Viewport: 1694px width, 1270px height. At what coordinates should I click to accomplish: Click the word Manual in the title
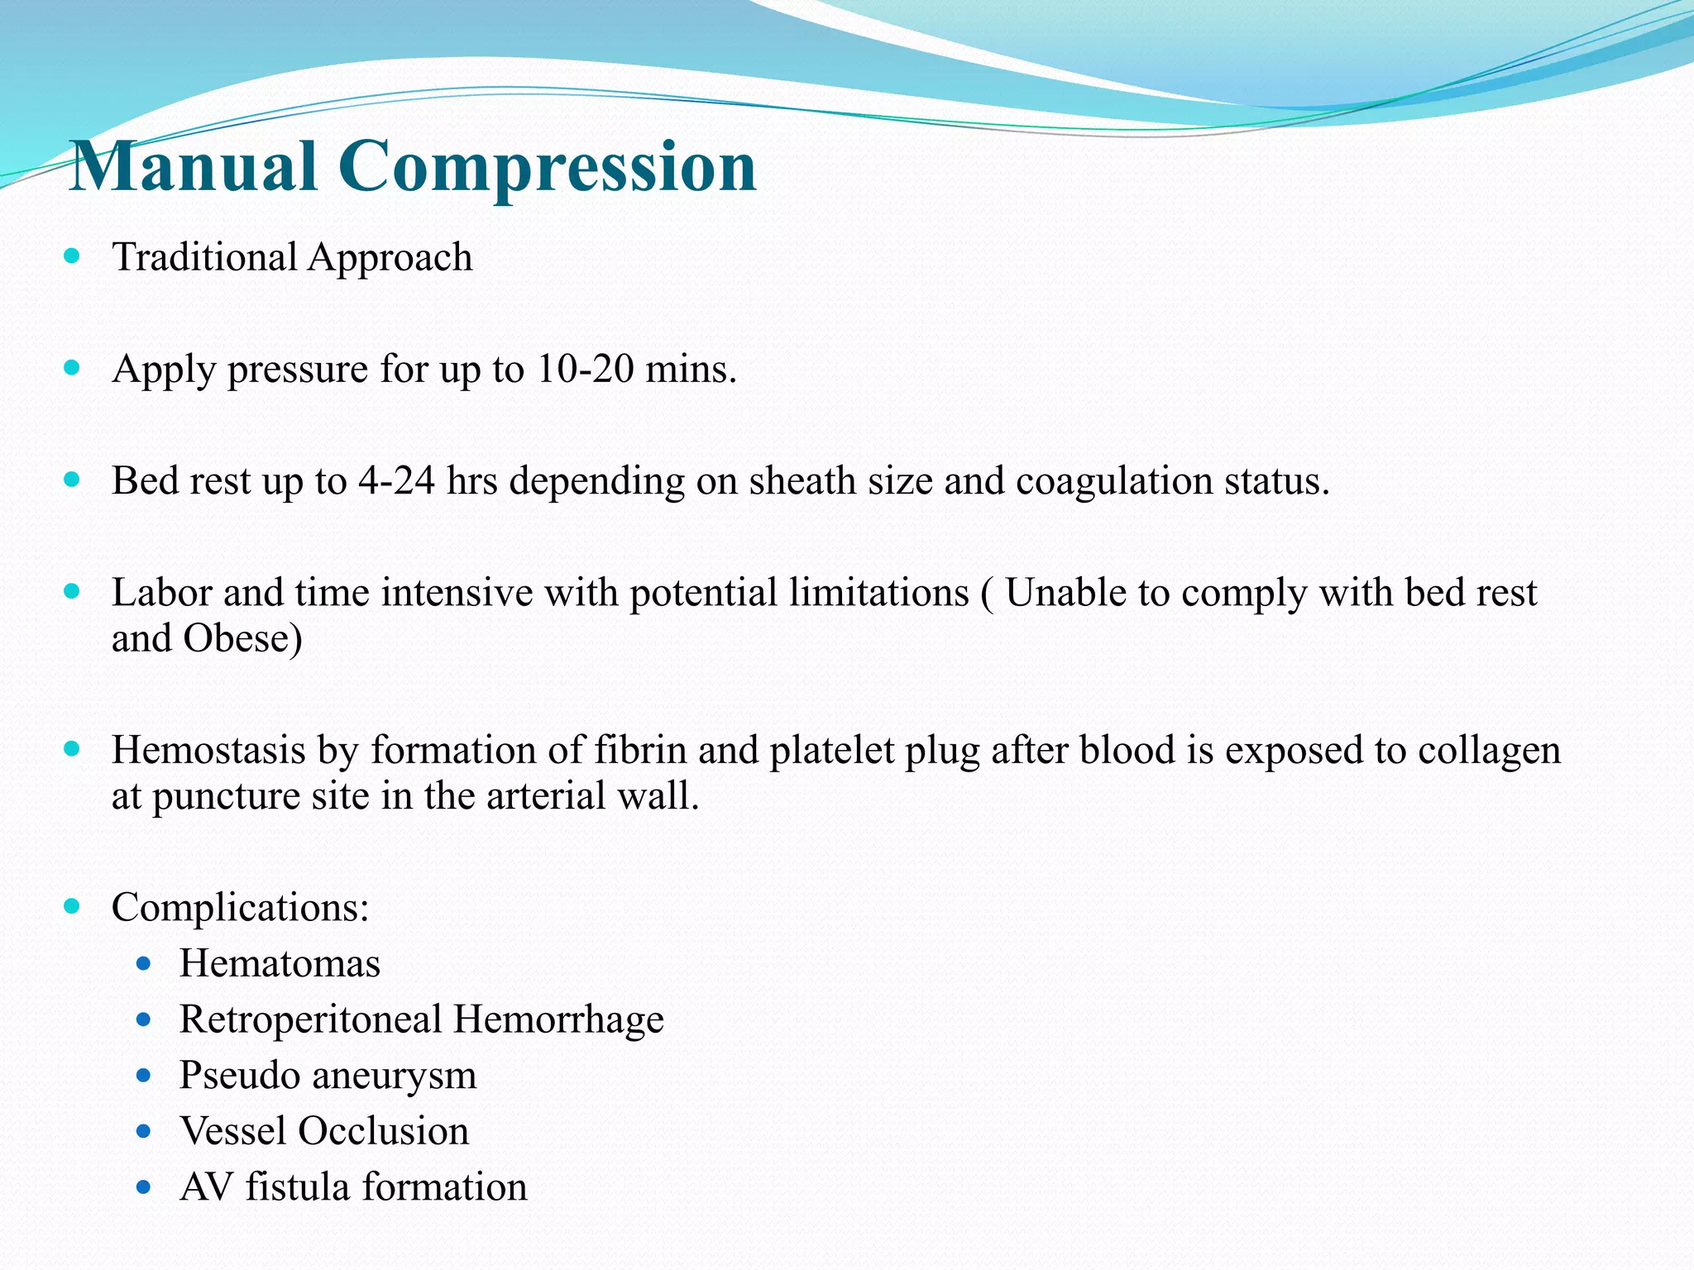tap(195, 167)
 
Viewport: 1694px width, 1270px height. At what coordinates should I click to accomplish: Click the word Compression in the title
tap(547, 167)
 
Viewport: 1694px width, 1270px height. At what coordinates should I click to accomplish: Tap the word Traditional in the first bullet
tap(204, 257)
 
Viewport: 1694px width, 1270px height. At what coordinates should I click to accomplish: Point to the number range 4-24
tap(396, 480)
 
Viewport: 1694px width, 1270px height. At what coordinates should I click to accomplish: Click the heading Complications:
tap(240, 908)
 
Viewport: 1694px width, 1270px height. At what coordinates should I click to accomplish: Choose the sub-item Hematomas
tap(280, 964)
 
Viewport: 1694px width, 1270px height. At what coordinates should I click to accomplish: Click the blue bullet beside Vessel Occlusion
tap(144, 1131)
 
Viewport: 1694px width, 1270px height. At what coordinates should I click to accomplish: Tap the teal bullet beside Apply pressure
tap(72, 367)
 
